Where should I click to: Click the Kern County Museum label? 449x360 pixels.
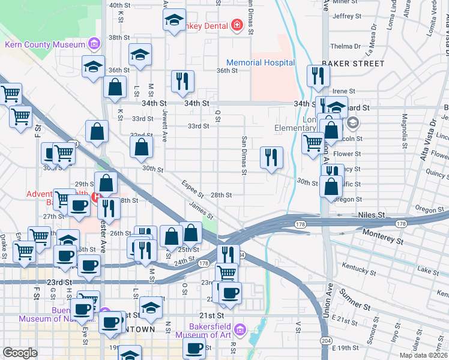45,44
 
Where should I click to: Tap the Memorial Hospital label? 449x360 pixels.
261,62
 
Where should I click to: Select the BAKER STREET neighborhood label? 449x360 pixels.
352,63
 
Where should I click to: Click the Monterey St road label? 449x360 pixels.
382,237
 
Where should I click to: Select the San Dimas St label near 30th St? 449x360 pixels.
244,157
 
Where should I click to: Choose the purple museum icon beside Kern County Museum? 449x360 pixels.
94,44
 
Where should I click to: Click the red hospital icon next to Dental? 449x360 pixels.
237,25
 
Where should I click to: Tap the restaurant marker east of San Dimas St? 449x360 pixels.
272,158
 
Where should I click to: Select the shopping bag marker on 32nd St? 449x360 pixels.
141,147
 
